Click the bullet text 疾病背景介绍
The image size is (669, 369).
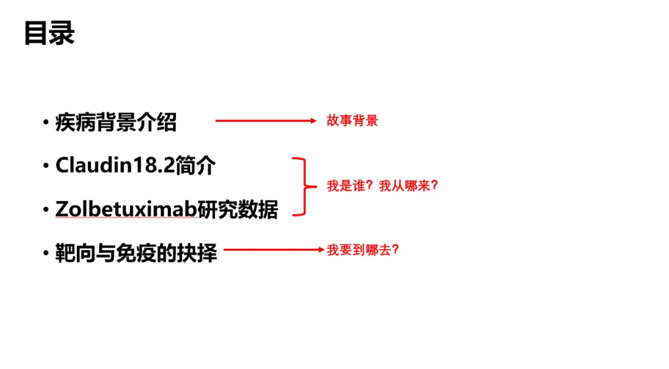pyautogui.click(x=116, y=122)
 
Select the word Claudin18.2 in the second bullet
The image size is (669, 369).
pyautogui.click(x=115, y=165)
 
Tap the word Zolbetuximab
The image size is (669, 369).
pyautogui.click(x=126, y=209)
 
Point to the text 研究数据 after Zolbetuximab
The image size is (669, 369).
pyautogui.click(x=238, y=209)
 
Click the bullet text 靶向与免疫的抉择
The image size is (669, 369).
pyautogui.click(x=136, y=253)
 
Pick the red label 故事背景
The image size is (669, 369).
pyautogui.click(x=352, y=121)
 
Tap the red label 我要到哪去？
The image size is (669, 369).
pyautogui.click(x=363, y=250)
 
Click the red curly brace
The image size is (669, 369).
pyautogui.click(x=300, y=186)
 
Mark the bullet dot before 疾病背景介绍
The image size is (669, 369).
pyautogui.click(x=46, y=123)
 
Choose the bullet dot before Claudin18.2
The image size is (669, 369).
pyautogui.click(x=46, y=166)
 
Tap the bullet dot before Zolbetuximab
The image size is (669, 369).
pyautogui.click(x=46, y=210)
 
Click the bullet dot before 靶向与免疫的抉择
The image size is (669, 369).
pyautogui.click(x=46, y=254)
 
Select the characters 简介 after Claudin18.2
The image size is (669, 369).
pyautogui.click(x=195, y=165)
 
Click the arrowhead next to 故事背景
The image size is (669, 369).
pyautogui.click(x=313, y=121)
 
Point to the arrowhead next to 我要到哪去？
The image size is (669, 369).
pyautogui.click(x=321, y=250)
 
